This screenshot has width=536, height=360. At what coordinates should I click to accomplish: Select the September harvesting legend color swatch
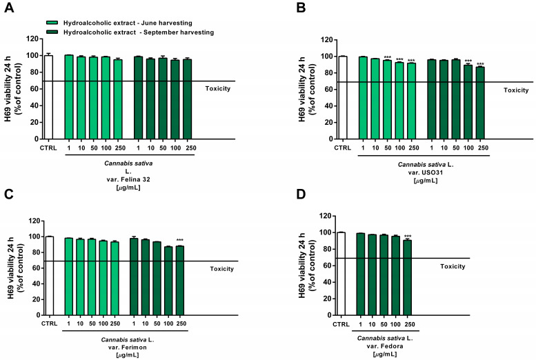(x=51, y=32)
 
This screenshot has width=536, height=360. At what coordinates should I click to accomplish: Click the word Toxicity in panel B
(x=516, y=90)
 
